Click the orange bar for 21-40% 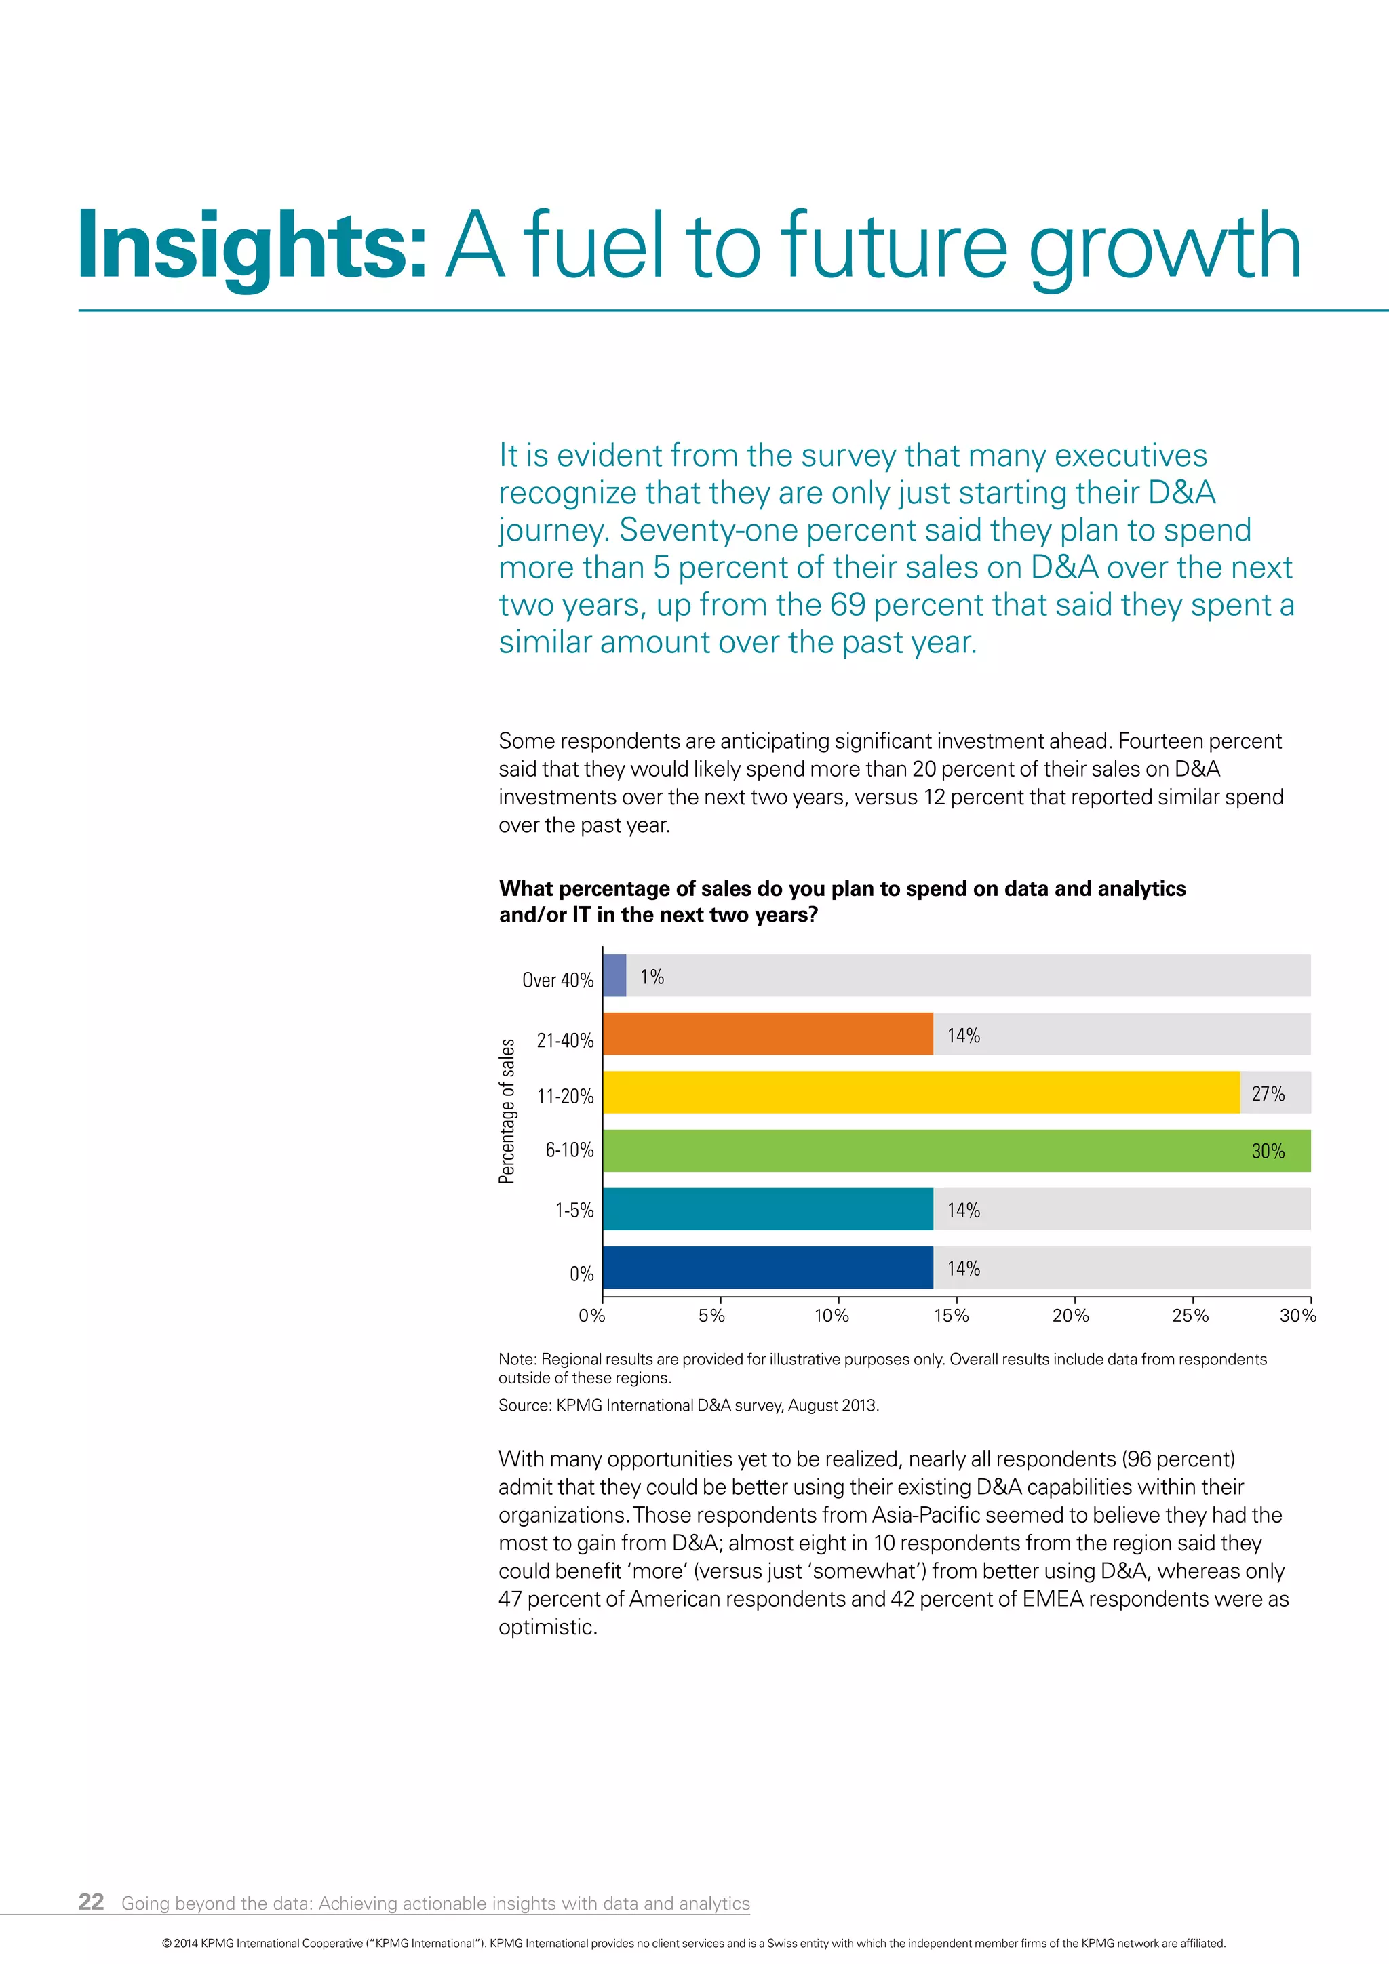(x=767, y=1034)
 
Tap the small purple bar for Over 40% (x=614, y=975)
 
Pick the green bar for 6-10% (x=924, y=1150)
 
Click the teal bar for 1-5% (x=767, y=1209)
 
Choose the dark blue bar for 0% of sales (x=767, y=1267)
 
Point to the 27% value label (x=1268, y=1093)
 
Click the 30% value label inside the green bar (x=1268, y=1152)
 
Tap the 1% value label (x=652, y=977)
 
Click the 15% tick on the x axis (x=951, y=1316)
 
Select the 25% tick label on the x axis (x=1190, y=1316)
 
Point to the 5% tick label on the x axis (x=711, y=1316)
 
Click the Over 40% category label (x=557, y=980)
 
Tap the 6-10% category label (x=570, y=1150)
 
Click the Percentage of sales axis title (x=507, y=1110)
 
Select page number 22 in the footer (x=91, y=1902)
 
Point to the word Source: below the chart (x=524, y=1405)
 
